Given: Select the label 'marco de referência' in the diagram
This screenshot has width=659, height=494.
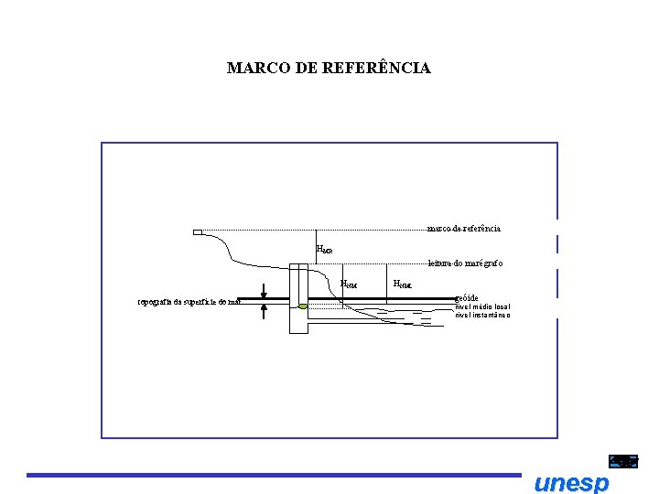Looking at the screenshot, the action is (x=463, y=228).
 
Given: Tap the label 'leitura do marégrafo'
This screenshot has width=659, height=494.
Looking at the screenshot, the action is (x=465, y=263).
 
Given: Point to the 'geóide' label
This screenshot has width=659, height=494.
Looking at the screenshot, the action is (x=467, y=298).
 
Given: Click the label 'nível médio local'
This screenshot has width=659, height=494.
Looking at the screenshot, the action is (x=483, y=306).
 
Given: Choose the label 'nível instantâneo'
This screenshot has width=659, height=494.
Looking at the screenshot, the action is (x=483, y=315).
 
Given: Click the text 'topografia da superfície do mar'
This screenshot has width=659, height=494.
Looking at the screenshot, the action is (x=188, y=301).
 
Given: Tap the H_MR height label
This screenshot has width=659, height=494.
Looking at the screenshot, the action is (x=324, y=248).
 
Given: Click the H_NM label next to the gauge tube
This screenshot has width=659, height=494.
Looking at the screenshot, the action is (x=349, y=284).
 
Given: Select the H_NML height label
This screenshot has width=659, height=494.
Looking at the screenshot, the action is (x=403, y=284).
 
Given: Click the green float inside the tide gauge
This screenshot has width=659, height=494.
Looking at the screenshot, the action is (x=303, y=306).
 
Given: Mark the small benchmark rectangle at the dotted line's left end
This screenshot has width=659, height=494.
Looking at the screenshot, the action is (x=198, y=232).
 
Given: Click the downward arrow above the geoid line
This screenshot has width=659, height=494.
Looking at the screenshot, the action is (x=264, y=289).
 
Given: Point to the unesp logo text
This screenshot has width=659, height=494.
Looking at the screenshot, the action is (x=570, y=483).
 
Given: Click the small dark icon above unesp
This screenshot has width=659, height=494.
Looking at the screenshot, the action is (x=623, y=462).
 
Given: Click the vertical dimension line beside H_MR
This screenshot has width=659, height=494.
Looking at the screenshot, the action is (x=315, y=246).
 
